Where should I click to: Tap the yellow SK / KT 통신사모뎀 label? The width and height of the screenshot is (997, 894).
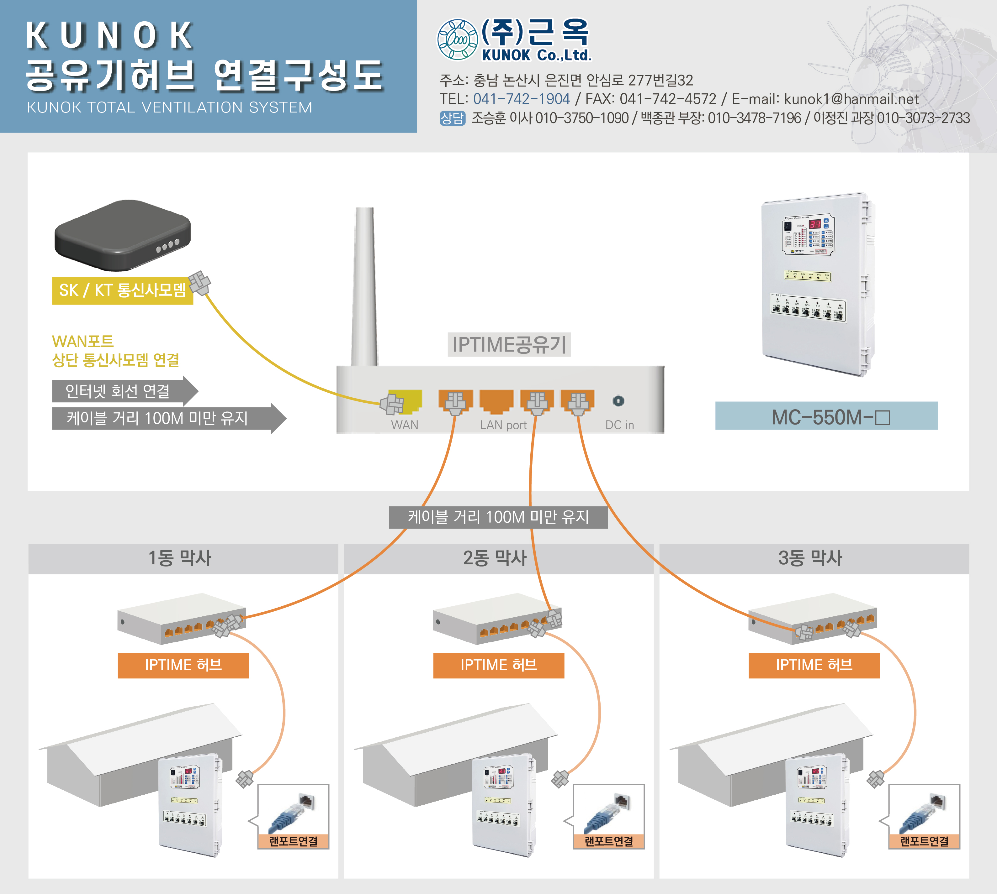(122, 290)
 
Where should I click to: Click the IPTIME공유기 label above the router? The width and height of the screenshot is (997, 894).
(509, 344)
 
